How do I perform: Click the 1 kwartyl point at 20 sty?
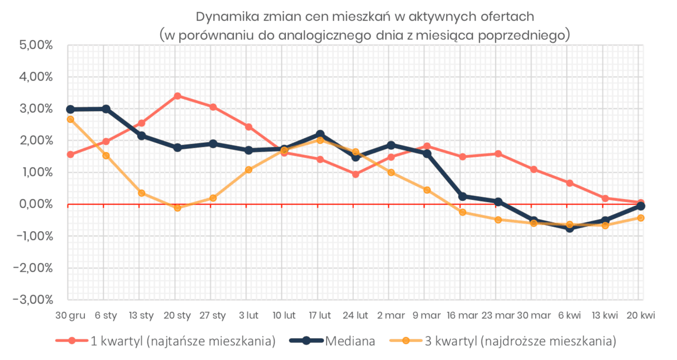(x=177, y=96)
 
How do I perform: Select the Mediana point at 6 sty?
(x=106, y=109)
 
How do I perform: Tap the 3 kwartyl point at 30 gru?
(x=70, y=120)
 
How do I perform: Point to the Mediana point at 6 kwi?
(x=570, y=228)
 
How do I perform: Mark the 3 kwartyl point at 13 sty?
(x=141, y=193)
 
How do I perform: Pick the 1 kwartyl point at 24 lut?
(x=356, y=175)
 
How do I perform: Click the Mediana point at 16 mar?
(x=463, y=197)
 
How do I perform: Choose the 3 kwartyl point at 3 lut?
(x=249, y=170)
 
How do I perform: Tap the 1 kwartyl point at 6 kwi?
(x=570, y=183)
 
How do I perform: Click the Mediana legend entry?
(x=332, y=341)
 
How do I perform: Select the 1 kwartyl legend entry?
(x=166, y=341)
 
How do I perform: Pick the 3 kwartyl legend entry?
(x=503, y=341)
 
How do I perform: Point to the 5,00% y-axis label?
(x=36, y=45)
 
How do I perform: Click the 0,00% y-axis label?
(x=36, y=204)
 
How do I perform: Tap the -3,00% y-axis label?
(x=33, y=300)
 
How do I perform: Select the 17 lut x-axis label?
(x=320, y=316)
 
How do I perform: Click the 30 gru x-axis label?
(x=70, y=316)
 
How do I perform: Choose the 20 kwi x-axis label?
(x=641, y=316)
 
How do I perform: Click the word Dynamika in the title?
(x=227, y=17)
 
